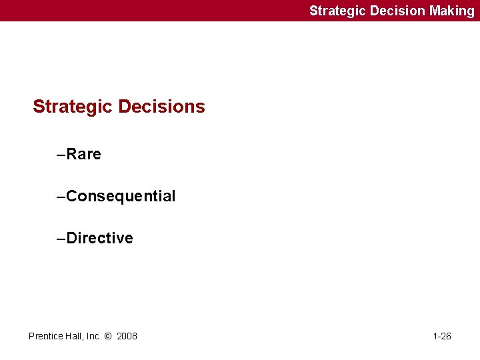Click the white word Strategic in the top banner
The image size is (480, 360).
[338, 11]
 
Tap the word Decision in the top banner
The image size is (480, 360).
[397, 11]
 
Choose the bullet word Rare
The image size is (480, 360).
[84, 155]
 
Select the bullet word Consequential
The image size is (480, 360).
[121, 197]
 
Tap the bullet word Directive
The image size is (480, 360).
[100, 239]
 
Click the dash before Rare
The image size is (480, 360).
[61, 155]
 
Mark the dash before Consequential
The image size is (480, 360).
[61, 197]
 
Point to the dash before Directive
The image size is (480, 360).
[61, 239]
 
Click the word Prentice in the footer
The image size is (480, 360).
[45, 336]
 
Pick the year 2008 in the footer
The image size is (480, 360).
[127, 336]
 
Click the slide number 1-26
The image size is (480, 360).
[442, 336]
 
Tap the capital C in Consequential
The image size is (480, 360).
[72, 197]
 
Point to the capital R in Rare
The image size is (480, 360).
[72, 155]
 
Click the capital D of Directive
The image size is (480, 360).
[72, 239]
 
